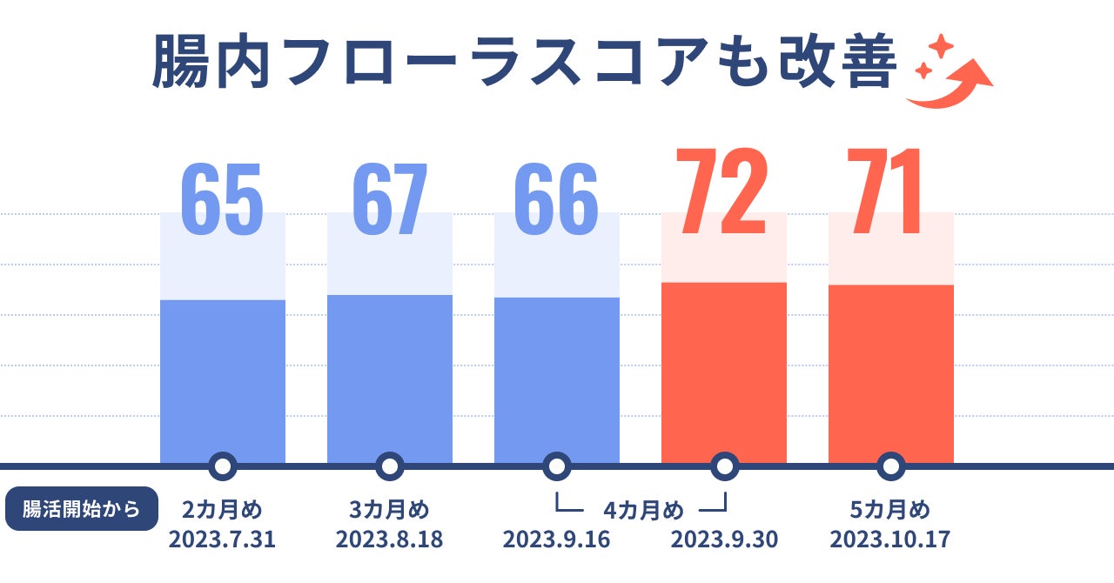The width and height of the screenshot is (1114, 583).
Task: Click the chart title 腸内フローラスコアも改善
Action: tap(523, 63)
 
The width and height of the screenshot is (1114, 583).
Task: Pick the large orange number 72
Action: tap(723, 193)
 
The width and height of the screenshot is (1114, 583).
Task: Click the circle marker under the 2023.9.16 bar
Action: tap(557, 466)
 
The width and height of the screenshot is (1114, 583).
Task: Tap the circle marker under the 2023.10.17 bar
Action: tap(890, 466)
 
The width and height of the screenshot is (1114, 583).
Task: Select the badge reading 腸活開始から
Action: tap(82, 509)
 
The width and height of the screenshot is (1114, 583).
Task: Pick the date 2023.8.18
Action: tap(389, 539)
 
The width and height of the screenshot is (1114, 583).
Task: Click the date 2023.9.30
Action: tap(723, 539)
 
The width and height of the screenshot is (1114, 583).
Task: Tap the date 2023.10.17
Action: tap(889, 539)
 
